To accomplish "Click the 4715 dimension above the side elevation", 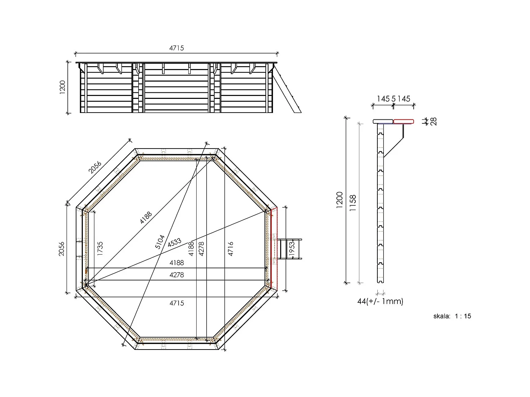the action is pyautogui.click(x=176, y=48).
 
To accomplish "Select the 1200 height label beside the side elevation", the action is pyautogui.click(x=62, y=87).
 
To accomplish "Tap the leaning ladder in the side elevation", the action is pyautogui.click(x=287, y=88).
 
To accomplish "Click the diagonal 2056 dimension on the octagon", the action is pyautogui.click(x=95, y=167).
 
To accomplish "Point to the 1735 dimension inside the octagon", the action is pyautogui.click(x=100, y=248).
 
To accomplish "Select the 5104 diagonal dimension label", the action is pyautogui.click(x=160, y=242).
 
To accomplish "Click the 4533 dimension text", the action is pyautogui.click(x=174, y=242).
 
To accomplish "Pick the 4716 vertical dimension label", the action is pyautogui.click(x=230, y=248).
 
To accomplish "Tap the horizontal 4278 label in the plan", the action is pyautogui.click(x=176, y=275).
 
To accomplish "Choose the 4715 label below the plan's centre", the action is pyautogui.click(x=176, y=303).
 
